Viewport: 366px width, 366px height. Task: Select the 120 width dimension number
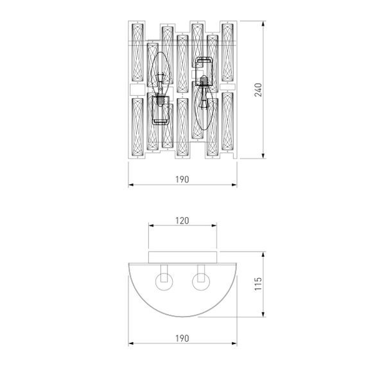182,220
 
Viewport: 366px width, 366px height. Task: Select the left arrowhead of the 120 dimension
151,226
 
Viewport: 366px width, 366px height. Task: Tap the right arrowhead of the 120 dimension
215,226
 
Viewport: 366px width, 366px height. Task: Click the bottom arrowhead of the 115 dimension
264,315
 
